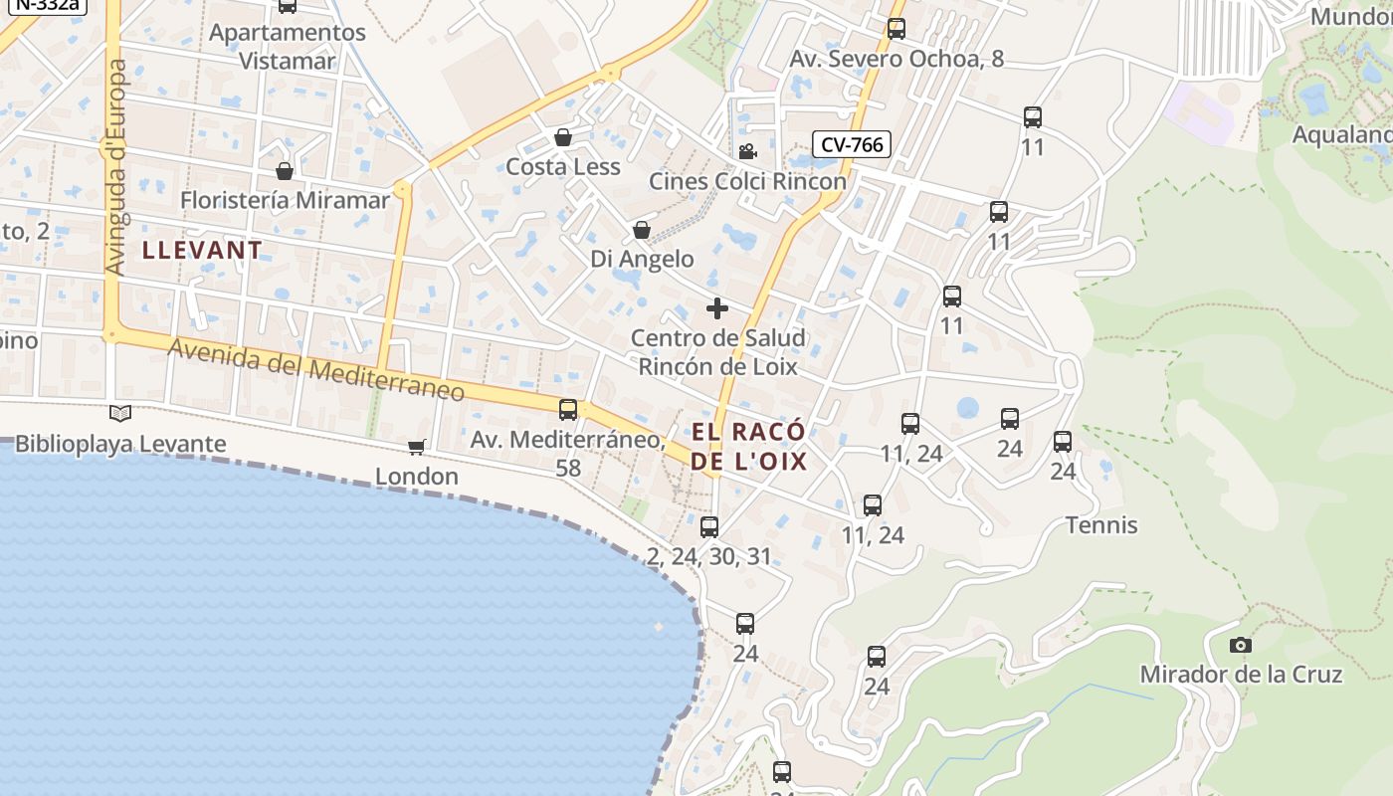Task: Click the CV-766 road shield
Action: [852, 144]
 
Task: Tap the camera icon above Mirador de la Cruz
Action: [1240, 645]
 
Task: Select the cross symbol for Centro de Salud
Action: [716, 308]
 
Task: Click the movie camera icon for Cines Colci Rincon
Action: [747, 151]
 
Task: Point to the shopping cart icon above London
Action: [416, 448]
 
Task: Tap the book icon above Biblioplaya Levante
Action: [120, 413]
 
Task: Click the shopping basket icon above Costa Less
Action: [563, 137]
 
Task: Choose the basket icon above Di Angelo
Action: [642, 230]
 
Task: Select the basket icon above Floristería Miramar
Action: [285, 171]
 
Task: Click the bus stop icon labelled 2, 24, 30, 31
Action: [708, 527]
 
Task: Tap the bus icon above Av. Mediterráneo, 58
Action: [568, 409]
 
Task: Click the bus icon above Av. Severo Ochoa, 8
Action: [895, 29]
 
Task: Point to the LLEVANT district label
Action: [202, 250]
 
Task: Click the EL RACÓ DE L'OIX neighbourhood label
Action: [748, 447]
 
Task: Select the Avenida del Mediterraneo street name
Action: [316, 371]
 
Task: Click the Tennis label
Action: [1101, 524]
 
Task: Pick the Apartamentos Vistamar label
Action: [288, 46]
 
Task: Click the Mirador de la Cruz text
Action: [1241, 674]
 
